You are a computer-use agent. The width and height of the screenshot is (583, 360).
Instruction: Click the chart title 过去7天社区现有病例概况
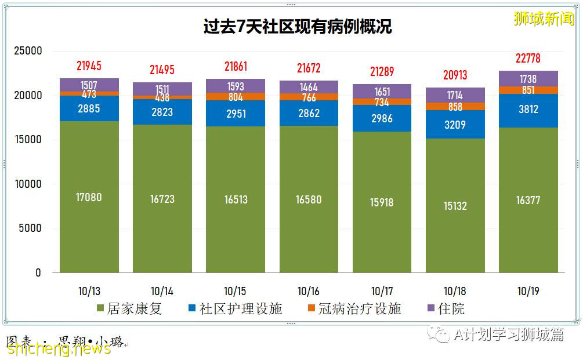[x=297, y=27]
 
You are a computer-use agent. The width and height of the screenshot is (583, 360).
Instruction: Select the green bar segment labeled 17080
[x=89, y=197]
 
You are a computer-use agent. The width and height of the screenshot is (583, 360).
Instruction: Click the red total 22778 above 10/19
[x=528, y=59]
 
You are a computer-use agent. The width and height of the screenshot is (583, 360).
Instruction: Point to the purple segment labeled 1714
[x=455, y=95]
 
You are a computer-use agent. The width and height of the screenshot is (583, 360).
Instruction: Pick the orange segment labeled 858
[x=455, y=107]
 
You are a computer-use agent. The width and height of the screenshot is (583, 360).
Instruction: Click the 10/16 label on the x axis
[x=309, y=291]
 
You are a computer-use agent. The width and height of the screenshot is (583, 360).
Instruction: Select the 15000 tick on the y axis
[x=28, y=140]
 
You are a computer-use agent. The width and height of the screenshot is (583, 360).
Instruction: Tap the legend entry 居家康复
[x=129, y=308]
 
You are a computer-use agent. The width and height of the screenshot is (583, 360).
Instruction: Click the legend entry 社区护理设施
[x=235, y=308]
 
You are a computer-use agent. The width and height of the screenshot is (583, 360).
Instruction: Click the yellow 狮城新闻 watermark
[x=544, y=18]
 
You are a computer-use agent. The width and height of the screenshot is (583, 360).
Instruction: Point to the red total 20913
[x=455, y=75]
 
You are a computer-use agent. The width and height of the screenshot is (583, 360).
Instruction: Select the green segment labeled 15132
[x=455, y=206]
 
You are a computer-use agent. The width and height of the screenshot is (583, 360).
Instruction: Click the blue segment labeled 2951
[x=236, y=113]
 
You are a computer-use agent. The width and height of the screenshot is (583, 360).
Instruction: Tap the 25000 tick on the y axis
[x=28, y=51]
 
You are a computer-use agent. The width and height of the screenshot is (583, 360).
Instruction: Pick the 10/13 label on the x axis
[x=89, y=291]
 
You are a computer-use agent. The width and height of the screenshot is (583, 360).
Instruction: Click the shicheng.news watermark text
[x=58, y=348]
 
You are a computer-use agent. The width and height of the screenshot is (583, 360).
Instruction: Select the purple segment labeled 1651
[x=382, y=92]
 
